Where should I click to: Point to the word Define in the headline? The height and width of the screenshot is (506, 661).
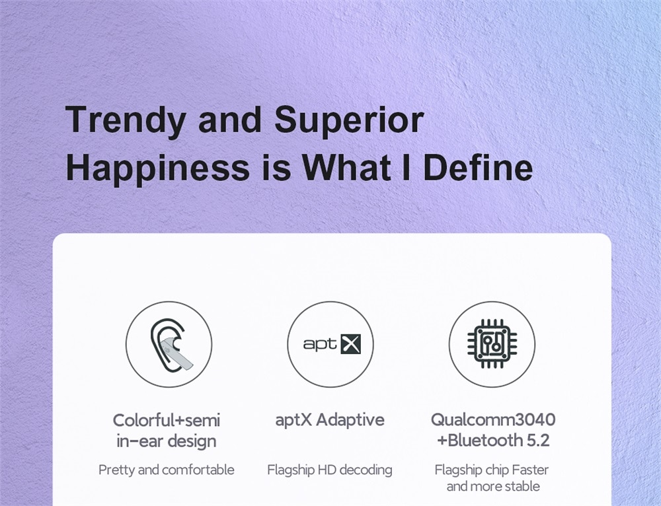pos(478,167)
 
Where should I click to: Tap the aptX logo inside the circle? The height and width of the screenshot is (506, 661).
pos(332,344)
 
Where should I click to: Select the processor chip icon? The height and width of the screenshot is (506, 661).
pos(492,343)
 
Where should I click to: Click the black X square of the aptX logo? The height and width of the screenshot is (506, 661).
pos(351,344)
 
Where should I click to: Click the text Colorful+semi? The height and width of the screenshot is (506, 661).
pos(167,420)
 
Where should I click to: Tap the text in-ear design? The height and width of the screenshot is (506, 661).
pos(167,441)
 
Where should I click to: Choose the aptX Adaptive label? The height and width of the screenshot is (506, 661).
pos(330,420)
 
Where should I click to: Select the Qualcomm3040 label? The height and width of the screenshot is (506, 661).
pos(493,419)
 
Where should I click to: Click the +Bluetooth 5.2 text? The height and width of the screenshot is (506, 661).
pos(493,441)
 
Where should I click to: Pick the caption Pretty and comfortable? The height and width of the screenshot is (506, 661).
pos(167,470)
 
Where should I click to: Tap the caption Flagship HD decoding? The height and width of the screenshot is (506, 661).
pos(330,470)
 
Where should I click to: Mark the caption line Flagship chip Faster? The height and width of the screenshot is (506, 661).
pos(492,470)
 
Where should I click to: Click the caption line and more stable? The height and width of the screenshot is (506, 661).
pos(493,486)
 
